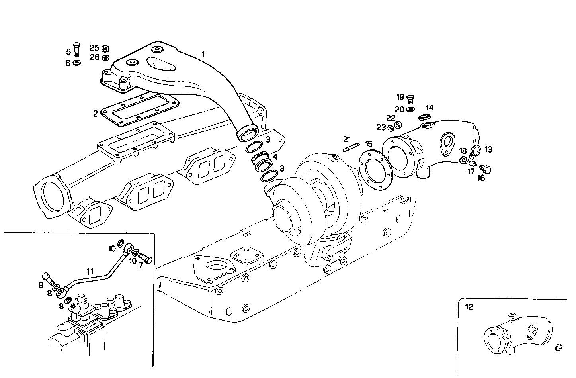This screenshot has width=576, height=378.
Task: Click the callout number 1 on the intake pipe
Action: point(203,55)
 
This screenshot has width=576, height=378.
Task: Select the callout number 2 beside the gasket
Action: point(96,114)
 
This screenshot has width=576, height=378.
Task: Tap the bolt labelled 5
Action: point(77,49)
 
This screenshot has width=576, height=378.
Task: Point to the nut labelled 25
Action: point(105,49)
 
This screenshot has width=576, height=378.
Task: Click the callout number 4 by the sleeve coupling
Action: point(275,157)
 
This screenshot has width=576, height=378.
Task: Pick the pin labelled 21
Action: point(351,148)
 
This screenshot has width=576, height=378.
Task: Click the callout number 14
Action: point(429,108)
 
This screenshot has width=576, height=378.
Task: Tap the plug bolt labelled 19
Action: point(412,98)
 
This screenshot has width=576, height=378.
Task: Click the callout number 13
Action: point(488,149)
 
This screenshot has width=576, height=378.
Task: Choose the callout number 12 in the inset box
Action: point(470,307)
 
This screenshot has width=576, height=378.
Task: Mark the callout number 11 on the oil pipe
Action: point(90,271)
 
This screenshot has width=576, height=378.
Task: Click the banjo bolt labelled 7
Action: point(146,260)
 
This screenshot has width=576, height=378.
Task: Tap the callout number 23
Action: point(381,127)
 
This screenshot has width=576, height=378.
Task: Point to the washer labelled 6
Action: point(77,63)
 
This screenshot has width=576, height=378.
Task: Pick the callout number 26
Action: point(94,57)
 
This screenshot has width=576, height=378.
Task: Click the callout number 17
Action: point(471,172)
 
